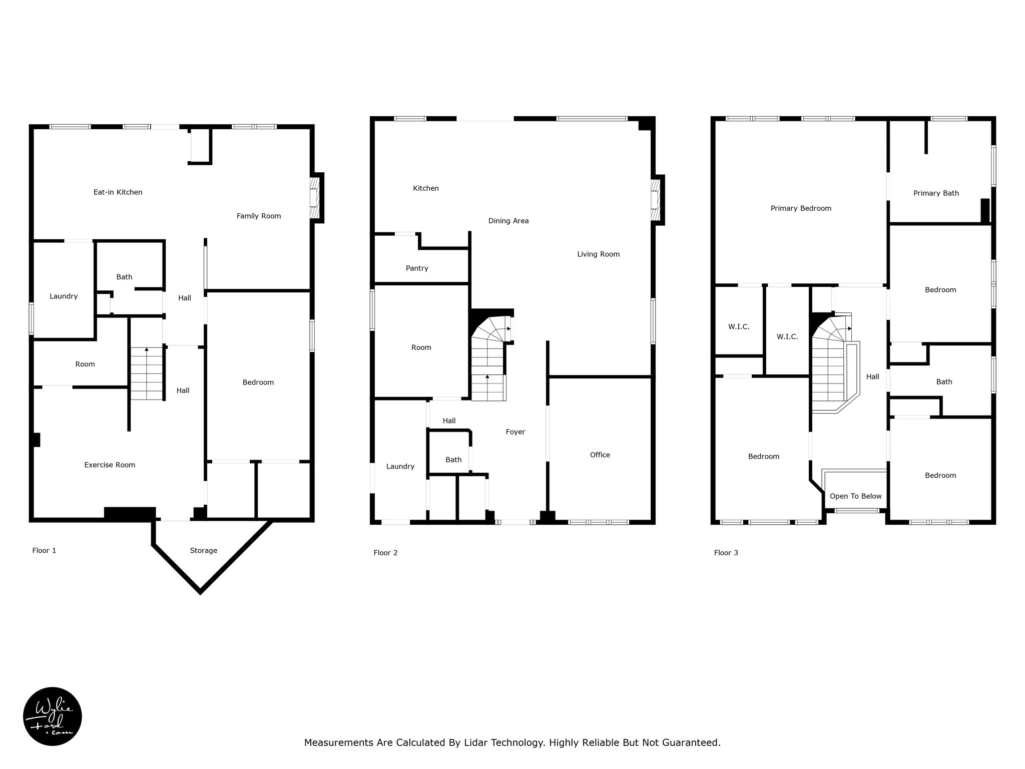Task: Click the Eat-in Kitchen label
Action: coord(118,192)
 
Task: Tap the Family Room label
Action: coord(259,216)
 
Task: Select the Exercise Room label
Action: coord(110,465)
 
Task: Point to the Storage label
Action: coord(204,551)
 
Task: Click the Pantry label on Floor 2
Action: coord(417,268)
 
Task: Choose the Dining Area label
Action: coord(508,221)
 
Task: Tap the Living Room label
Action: coord(599,254)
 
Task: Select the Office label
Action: coord(600,455)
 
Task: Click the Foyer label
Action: coord(516,432)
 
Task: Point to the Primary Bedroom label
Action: coord(801,209)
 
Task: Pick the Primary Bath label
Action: coord(936,193)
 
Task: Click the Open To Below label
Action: coord(856,496)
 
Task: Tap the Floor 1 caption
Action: coord(44,551)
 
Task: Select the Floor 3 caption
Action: coord(726,553)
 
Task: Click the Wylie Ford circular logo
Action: coord(53,716)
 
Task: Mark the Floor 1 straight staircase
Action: coord(147,373)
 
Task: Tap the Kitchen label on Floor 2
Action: coord(426,188)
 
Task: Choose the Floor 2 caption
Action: coord(385,553)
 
